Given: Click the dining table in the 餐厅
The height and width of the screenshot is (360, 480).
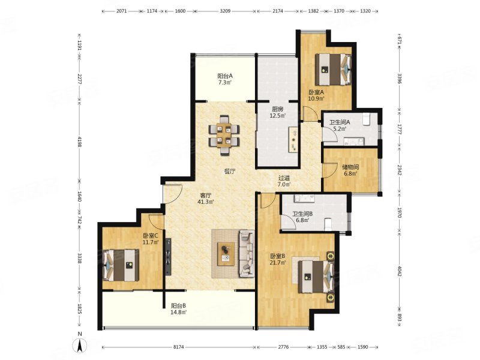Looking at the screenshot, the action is [224, 136].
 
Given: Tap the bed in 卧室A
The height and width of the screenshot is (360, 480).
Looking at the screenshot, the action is [333, 70].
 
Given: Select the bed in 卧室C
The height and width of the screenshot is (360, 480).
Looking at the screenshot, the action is [121, 265].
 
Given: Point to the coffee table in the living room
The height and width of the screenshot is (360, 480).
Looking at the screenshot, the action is [226, 254].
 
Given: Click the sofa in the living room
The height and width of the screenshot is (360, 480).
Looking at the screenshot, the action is [247, 254].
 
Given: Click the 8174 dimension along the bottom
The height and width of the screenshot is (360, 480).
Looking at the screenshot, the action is [179, 347].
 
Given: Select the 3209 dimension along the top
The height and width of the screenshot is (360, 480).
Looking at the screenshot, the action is [225, 11].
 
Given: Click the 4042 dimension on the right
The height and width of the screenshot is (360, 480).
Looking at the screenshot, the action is [399, 271].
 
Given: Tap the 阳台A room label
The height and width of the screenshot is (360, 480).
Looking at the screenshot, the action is [226, 76].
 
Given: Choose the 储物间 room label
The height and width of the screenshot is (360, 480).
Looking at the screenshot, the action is [350, 167].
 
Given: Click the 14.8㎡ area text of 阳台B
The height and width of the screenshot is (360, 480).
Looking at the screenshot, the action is [179, 312].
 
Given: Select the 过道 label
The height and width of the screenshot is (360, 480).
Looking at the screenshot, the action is [284, 178].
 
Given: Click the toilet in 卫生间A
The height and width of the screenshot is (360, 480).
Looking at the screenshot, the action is [367, 119].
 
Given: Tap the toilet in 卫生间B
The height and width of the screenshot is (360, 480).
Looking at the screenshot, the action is [328, 224].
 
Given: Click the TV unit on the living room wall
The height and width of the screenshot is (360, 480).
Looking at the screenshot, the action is [168, 257].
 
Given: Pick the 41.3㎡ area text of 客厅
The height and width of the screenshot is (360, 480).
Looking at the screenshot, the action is [206, 202].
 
